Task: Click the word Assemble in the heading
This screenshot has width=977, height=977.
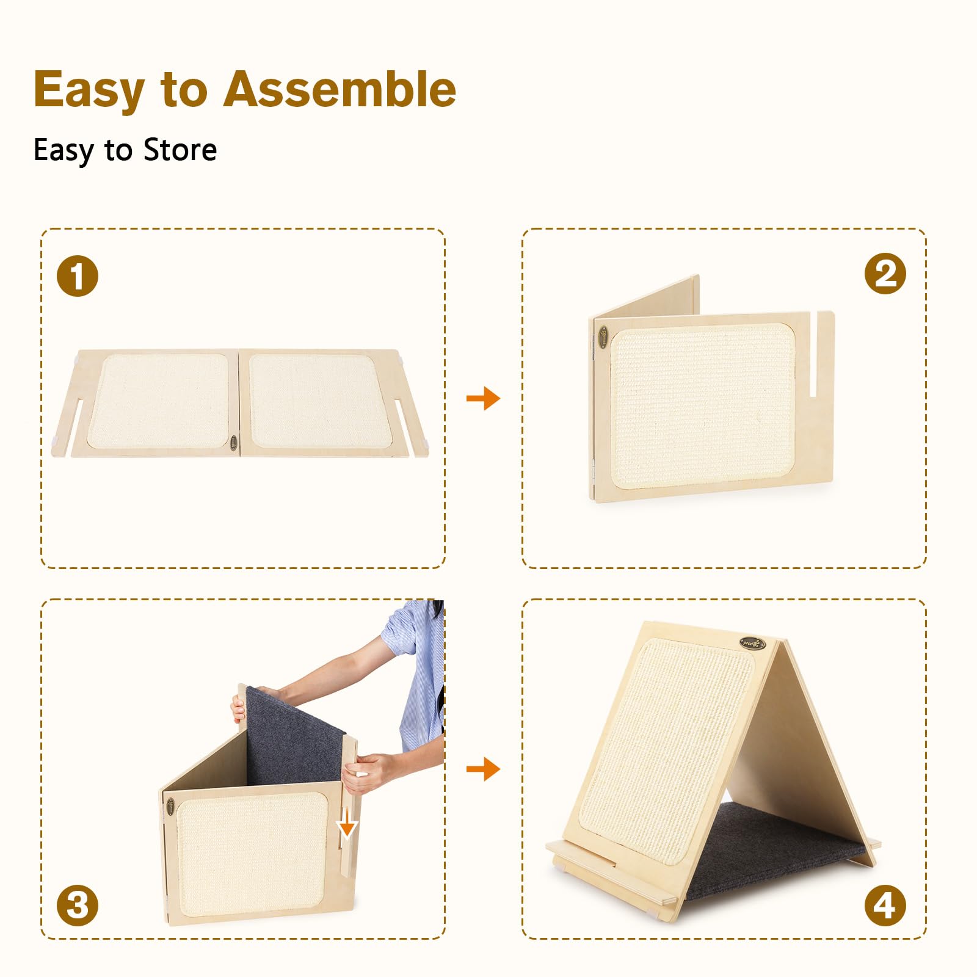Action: pos(340,89)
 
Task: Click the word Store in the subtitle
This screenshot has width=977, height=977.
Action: pos(180,150)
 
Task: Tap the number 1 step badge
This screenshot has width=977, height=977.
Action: pos(78,276)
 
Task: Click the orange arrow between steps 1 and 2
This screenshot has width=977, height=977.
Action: pos(483,398)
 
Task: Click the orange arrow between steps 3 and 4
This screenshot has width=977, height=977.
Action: pos(483,769)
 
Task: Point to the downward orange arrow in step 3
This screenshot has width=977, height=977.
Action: pos(347,824)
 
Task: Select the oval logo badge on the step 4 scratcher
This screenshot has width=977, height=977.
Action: pos(752,643)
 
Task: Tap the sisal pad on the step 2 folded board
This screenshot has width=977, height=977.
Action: pos(702,406)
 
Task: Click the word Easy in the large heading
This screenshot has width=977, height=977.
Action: pos(89,89)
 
